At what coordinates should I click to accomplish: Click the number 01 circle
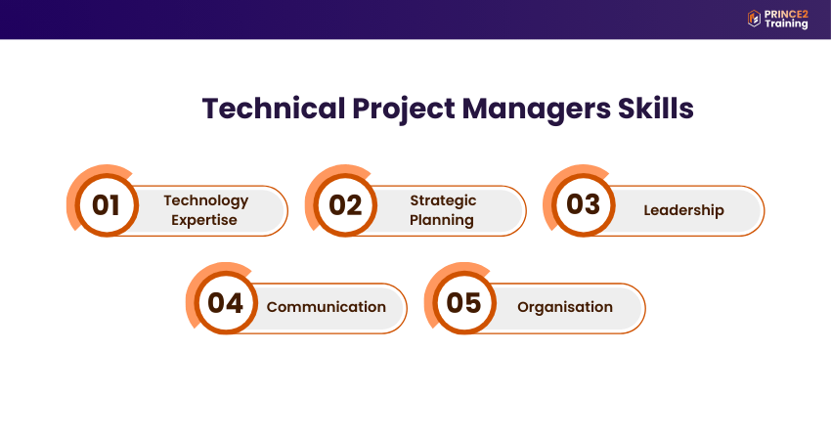pyautogui.click(x=106, y=204)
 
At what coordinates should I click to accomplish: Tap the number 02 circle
pyautogui.click(x=344, y=204)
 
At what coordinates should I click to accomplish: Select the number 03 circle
pyautogui.click(x=583, y=204)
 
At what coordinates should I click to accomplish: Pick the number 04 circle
pyautogui.click(x=225, y=303)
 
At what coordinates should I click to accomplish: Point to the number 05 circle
pyautogui.click(x=463, y=303)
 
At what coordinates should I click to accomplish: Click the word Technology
pyautogui.click(x=205, y=200)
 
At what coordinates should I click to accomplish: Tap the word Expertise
pyautogui.click(x=204, y=220)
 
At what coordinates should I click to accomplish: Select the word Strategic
pyautogui.click(x=443, y=200)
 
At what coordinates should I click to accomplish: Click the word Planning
pyautogui.click(x=442, y=220)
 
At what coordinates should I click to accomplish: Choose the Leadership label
pyautogui.click(x=683, y=210)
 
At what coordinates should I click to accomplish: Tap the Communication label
pyautogui.click(x=326, y=307)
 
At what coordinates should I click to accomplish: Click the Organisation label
pyautogui.click(x=565, y=307)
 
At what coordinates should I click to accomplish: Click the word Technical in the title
pyautogui.click(x=274, y=109)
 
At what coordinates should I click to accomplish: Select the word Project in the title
pyautogui.click(x=404, y=110)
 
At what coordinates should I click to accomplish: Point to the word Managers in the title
pyautogui.click(x=537, y=110)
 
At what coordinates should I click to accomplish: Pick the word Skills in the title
pyautogui.click(x=656, y=109)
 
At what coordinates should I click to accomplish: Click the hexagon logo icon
pyautogui.click(x=754, y=19)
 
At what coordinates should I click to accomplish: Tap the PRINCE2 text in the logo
pyautogui.click(x=786, y=15)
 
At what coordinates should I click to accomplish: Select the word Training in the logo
pyautogui.click(x=786, y=23)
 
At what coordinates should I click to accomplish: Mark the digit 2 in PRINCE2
pyautogui.click(x=805, y=15)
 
